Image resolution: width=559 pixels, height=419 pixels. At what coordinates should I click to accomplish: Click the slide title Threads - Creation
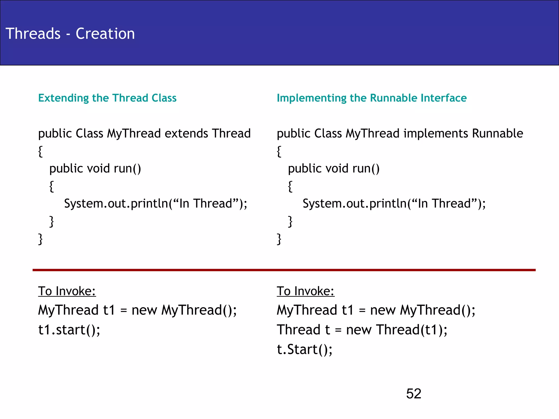pos(70,34)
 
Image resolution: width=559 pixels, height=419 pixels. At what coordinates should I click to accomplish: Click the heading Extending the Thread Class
pos(107,98)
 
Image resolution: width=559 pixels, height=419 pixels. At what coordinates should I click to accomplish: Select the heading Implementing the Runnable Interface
pos(371,98)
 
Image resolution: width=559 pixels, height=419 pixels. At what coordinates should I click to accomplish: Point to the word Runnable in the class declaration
pos(497,134)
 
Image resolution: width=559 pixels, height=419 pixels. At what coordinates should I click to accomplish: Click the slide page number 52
pos(414,394)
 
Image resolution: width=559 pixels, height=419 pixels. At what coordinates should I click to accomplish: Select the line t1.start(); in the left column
pos(69,330)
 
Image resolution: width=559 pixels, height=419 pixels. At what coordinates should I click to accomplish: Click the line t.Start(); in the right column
pos(305,349)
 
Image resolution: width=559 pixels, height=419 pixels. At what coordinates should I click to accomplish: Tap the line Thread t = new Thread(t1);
pos(362,330)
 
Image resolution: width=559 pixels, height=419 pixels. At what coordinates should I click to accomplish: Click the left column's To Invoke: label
pos(67,291)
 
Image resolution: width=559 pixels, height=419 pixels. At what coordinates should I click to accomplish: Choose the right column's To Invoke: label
pos(305,291)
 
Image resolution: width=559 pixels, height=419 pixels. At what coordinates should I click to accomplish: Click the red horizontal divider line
pos(284,270)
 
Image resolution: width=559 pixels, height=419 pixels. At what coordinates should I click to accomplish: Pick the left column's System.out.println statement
pos(156,204)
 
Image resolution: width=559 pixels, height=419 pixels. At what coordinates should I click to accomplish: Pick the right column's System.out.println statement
pos(394,204)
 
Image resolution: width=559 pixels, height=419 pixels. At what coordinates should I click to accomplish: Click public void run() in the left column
pos(95,169)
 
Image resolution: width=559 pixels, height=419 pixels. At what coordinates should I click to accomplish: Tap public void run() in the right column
pos(334,169)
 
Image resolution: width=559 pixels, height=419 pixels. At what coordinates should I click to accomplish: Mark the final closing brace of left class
pos(40,239)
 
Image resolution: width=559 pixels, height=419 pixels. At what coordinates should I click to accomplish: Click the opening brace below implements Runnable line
pos(279,151)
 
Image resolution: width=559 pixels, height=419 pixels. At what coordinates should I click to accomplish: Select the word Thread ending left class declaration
pos(231,134)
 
